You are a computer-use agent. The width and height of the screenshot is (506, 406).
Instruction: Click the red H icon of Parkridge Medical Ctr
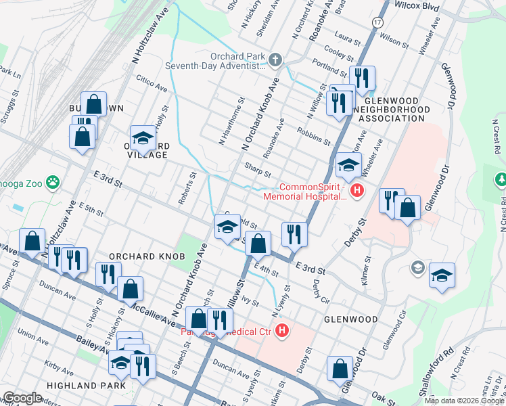(x=283, y=331)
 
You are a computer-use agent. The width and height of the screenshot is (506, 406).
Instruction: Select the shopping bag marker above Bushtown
(x=94, y=104)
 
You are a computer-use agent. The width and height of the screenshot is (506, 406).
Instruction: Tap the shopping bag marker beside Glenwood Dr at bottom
(x=340, y=369)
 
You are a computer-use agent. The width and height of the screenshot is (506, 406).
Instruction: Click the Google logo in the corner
(x=22, y=397)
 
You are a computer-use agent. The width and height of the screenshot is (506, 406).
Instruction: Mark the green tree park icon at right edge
(x=501, y=180)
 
